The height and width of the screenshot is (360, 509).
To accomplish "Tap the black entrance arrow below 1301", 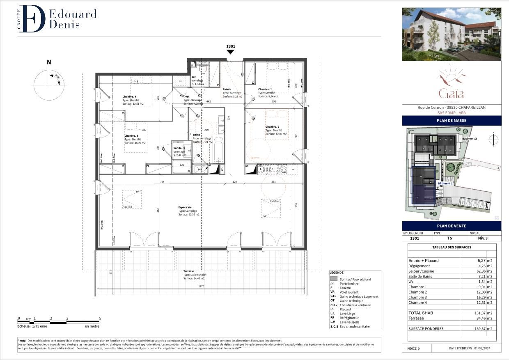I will click(231, 52).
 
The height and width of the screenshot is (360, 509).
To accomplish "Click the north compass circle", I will click(49, 85).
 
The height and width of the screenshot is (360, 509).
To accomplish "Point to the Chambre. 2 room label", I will click(272, 127).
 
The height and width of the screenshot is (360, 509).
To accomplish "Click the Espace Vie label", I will click(185, 207).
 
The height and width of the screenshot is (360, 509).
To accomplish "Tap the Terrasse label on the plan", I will click(189, 271).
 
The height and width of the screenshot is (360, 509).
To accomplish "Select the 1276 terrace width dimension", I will click(201, 286).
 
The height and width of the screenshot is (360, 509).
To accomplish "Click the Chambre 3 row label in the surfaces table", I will click(417, 297).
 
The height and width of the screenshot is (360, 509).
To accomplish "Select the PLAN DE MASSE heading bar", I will click(452, 120).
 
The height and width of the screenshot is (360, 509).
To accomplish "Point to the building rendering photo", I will click(452, 34).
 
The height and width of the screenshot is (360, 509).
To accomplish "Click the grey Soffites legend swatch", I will click(333, 279).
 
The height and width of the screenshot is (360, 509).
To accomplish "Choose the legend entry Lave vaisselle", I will click(349, 322).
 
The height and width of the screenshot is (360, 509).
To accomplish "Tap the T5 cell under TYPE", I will click(449, 238).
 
